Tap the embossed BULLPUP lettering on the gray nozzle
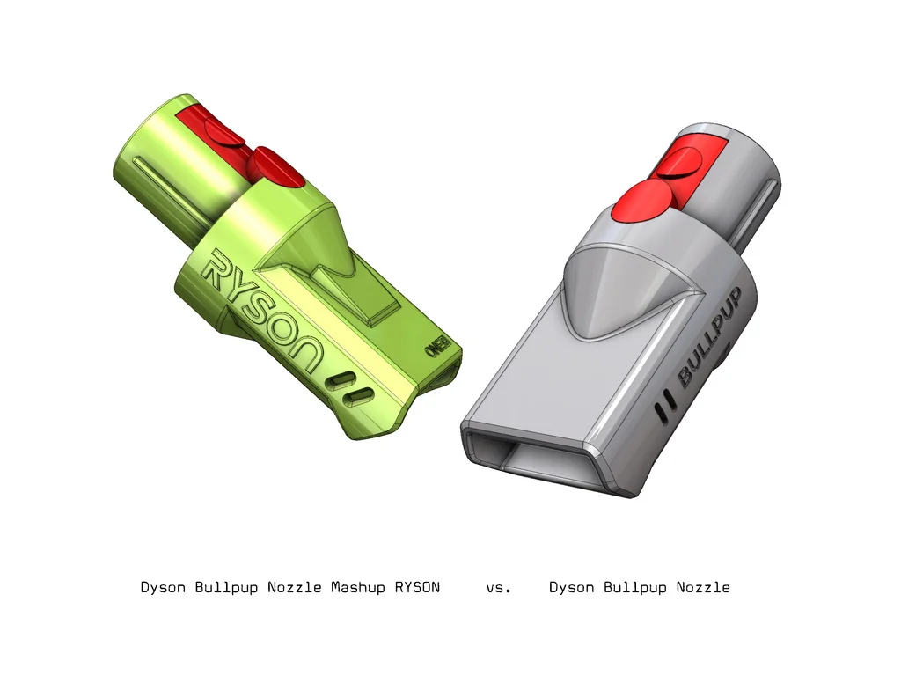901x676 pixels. coord(718,338)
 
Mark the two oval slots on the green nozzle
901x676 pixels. coord(347,390)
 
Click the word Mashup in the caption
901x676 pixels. coord(358,587)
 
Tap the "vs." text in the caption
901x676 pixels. coord(498,587)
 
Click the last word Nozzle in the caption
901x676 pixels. coord(703,587)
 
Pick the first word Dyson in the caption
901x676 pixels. coord(163,587)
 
